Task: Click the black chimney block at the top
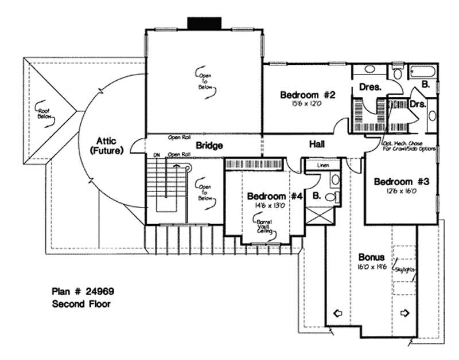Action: tap(205, 23)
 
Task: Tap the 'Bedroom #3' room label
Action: tap(402, 182)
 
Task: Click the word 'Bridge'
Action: tap(209, 146)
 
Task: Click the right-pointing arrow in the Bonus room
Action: tap(406, 314)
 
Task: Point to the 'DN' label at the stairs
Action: tap(155, 155)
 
